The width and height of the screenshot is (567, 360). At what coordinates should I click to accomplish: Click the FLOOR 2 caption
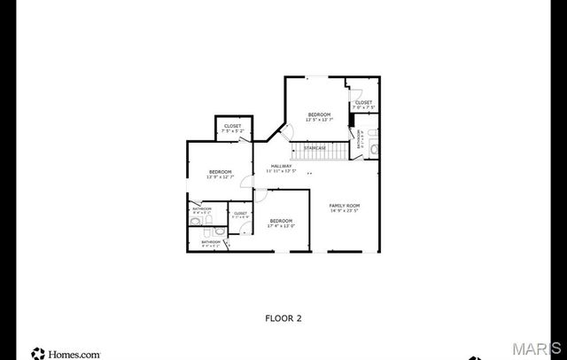(x=283, y=317)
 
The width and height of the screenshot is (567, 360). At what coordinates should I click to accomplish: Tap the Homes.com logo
(x=66, y=353)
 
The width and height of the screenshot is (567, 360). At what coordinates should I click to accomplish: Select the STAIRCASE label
(x=315, y=147)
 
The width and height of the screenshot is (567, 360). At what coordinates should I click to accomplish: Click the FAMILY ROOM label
(x=345, y=205)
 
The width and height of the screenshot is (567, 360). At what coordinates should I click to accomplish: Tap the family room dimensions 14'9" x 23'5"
(x=345, y=211)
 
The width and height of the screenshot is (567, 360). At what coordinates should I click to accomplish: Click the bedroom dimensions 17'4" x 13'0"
(x=281, y=225)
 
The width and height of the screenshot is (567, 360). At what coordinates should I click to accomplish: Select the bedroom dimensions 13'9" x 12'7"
(x=220, y=176)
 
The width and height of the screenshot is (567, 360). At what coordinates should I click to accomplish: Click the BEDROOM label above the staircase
(x=319, y=114)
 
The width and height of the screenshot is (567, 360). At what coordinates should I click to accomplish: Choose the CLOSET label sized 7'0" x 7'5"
(x=363, y=107)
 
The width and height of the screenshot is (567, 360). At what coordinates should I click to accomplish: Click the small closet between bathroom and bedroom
(x=240, y=215)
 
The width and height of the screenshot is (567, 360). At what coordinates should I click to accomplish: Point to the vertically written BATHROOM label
(x=360, y=140)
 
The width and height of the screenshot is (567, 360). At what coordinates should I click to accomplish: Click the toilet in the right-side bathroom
(x=373, y=149)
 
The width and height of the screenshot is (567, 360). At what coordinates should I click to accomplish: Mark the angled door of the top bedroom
(x=285, y=133)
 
